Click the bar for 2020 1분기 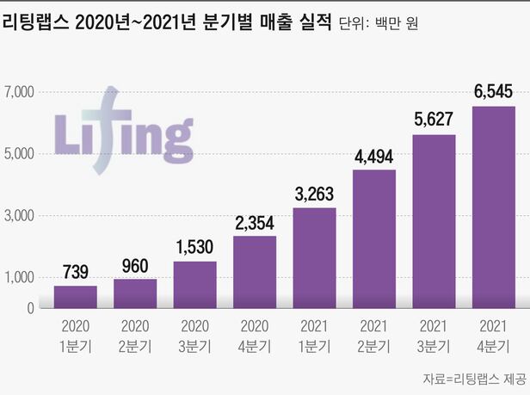click(75, 297)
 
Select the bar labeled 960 click(135, 293)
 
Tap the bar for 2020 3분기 click(195, 285)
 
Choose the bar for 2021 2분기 click(374, 239)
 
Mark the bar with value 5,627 click(434, 221)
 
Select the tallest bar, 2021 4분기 click(494, 207)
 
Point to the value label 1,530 click(195, 249)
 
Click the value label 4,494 click(374, 157)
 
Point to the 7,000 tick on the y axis click(18, 92)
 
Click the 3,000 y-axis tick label click(18, 216)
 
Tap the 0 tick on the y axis click(30, 308)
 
